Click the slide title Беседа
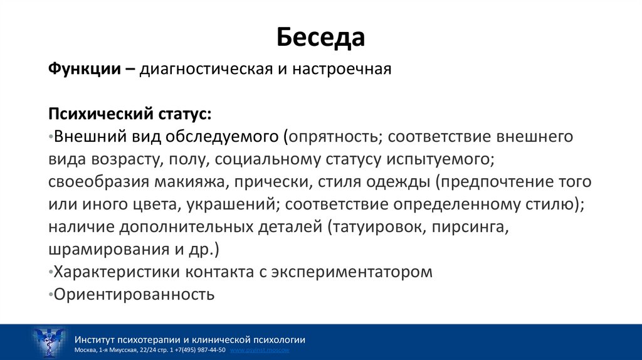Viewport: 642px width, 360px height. coord(320,38)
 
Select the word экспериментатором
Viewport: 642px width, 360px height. coord(351,272)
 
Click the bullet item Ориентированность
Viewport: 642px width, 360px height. coord(134,294)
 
